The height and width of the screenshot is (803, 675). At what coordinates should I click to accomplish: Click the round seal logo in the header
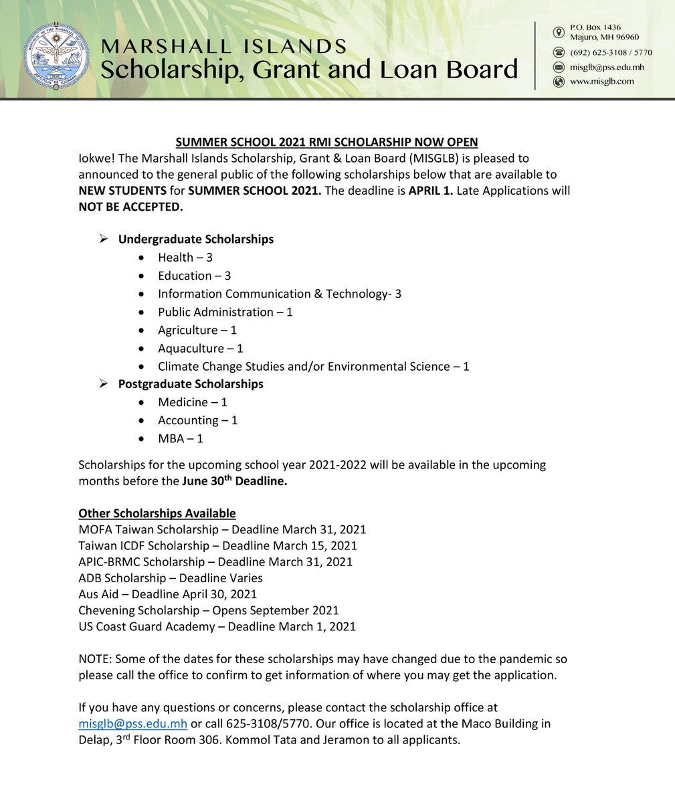click(55, 55)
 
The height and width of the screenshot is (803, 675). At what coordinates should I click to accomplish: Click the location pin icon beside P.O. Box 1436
click(559, 32)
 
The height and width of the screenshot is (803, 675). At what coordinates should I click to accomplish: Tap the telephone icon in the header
click(559, 52)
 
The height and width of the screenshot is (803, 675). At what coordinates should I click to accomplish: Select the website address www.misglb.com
click(601, 82)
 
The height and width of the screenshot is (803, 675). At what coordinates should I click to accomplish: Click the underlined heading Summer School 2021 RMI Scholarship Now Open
click(326, 142)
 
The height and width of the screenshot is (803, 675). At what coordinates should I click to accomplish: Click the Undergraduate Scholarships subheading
click(195, 239)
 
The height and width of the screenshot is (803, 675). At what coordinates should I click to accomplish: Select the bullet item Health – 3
click(185, 258)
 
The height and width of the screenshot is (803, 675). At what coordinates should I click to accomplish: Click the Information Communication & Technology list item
click(279, 294)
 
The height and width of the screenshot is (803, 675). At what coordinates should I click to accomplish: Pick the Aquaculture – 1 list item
click(200, 349)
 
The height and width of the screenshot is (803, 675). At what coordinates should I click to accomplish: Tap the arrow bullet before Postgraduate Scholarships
click(103, 383)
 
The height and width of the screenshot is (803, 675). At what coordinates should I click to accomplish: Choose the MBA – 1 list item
click(180, 439)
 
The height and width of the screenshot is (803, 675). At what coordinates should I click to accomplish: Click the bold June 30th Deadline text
click(234, 480)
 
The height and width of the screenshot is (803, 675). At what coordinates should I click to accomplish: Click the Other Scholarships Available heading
click(157, 513)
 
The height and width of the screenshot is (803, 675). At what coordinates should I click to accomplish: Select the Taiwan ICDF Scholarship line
click(217, 546)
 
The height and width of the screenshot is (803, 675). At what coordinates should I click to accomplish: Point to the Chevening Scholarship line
click(208, 610)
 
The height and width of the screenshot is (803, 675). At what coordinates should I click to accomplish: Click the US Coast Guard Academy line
click(217, 627)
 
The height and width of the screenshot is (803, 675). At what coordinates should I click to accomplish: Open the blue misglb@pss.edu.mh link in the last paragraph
click(132, 724)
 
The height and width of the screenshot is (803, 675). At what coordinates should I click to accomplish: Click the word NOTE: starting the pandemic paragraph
click(95, 659)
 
